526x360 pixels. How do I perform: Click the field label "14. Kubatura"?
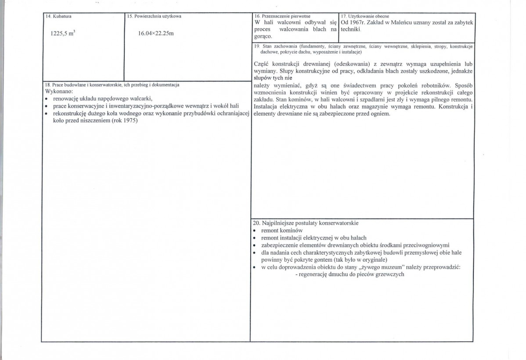(58, 16)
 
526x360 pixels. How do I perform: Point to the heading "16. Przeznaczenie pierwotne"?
(282, 16)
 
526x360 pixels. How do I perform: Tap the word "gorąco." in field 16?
(263, 36)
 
